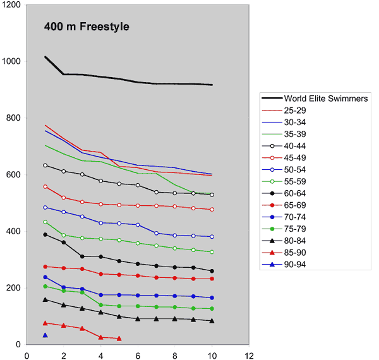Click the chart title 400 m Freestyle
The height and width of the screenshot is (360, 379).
click(x=87, y=27)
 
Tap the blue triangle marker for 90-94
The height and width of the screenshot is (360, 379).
click(x=45, y=335)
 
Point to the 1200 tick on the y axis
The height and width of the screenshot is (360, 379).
click(x=11, y=5)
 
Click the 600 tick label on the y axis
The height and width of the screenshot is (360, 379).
click(x=11, y=175)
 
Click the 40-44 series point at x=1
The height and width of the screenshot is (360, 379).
click(x=45, y=165)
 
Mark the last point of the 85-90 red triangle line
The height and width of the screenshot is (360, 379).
click(x=119, y=339)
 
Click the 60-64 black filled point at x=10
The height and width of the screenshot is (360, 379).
click(x=212, y=271)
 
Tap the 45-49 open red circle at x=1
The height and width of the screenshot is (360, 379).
click(x=45, y=187)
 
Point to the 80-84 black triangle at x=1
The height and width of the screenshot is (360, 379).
click(x=45, y=299)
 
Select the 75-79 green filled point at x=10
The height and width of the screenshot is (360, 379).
click(x=212, y=308)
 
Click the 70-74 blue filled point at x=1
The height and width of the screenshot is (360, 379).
click(x=45, y=277)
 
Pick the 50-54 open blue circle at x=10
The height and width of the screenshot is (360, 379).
click(x=212, y=237)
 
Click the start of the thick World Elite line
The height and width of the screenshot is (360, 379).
click(x=45, y=57)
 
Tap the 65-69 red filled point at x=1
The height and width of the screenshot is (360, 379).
click(x=45, y=267)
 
